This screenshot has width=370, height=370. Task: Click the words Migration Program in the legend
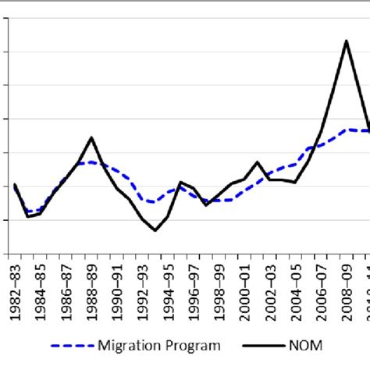pos(159,345)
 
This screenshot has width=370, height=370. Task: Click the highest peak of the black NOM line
pos(346,41)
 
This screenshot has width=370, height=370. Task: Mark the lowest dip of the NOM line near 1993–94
pos(155,230)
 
